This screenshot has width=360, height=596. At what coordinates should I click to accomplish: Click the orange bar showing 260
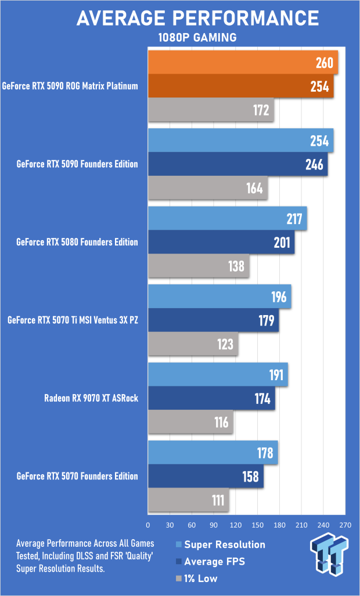[x=243, y=63]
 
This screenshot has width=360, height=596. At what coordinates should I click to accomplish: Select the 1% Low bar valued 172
[x=211, y=109]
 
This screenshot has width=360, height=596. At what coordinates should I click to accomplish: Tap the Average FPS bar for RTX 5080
[x=221, y=242]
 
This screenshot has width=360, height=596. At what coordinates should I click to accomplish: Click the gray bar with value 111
[x=189, y=500]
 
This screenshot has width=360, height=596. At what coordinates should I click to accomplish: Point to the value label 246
[x=314, y=165]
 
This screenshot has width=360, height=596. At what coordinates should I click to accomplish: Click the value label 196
[x=279, y=297]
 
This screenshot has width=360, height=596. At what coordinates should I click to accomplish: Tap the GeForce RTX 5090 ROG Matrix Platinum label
[x=70, y=86]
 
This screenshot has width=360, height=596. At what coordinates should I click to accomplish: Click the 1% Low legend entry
[x=200, y=578]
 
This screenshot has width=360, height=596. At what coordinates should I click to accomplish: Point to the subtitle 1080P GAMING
[x=197, y=38]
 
